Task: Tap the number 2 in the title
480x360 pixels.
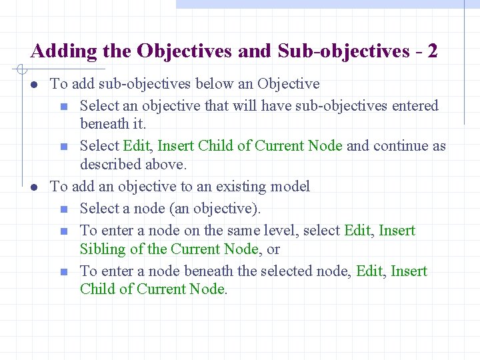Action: click(433, 51)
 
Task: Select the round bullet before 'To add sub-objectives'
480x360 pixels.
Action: click(34, 85)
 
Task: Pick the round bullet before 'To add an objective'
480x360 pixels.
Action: click(34, 187)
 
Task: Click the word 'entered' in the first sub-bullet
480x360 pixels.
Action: click(413, 105)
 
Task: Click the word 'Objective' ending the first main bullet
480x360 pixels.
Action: click(288, 84)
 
